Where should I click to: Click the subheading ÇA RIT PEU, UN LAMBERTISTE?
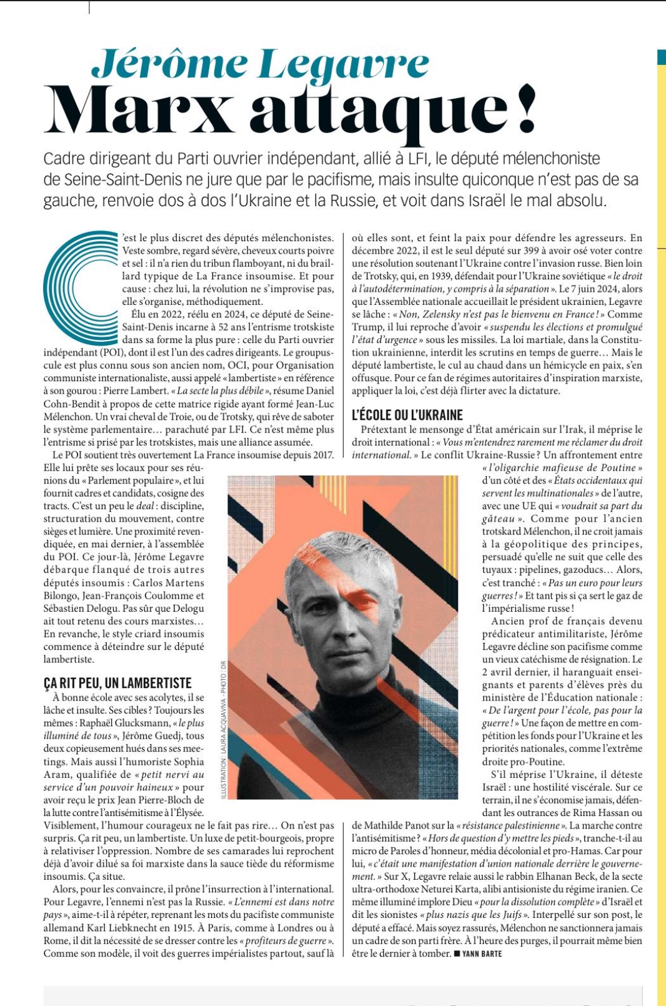(117, 683)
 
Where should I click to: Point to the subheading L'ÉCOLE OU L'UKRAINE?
(407, 415)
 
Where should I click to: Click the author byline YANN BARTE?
(482, 954)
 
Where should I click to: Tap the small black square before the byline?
(457, 954)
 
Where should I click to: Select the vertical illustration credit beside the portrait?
(223, 729)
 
